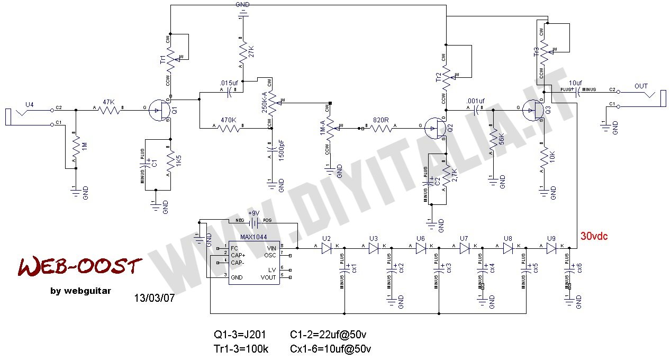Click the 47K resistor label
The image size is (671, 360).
108,102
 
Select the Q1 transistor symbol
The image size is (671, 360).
157,111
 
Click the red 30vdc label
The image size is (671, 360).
594,237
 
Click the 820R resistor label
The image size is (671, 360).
381,120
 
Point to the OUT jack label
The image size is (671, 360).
641,86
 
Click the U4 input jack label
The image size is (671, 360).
29,104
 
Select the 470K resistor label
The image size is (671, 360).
228,120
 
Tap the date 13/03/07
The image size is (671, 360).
155,298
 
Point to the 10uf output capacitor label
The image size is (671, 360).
576,83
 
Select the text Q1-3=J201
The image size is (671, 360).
240,335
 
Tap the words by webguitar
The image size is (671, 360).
81,290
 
